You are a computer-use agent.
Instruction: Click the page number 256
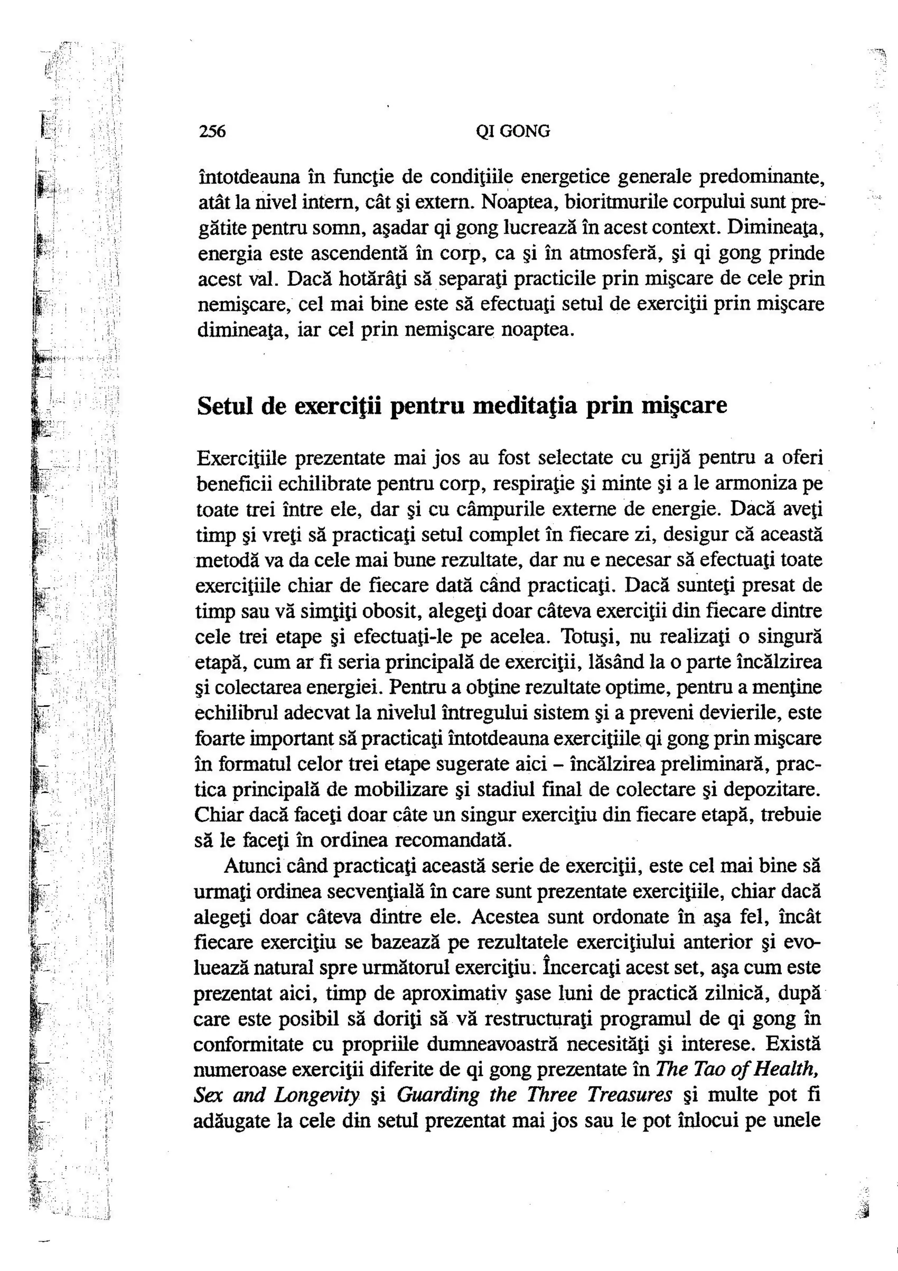(x=212, y=131)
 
